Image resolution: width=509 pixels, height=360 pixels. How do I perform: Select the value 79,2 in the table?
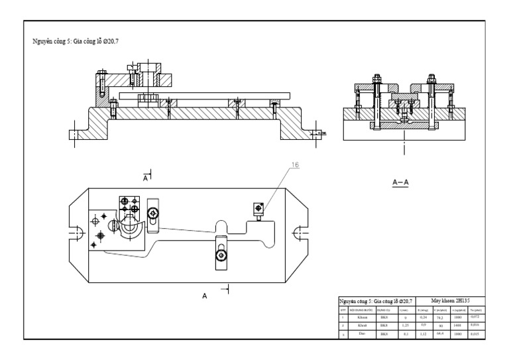click(x=438, y=318)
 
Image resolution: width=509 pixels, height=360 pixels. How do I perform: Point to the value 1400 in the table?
click(x=457, y=326)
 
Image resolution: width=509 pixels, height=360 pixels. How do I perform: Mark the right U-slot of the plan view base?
click(x=299, y=232)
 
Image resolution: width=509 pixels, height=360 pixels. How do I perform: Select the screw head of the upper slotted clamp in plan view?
click(x=153, y=213)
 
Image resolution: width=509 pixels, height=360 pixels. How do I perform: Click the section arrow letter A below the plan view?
click(x=205, y=296)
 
